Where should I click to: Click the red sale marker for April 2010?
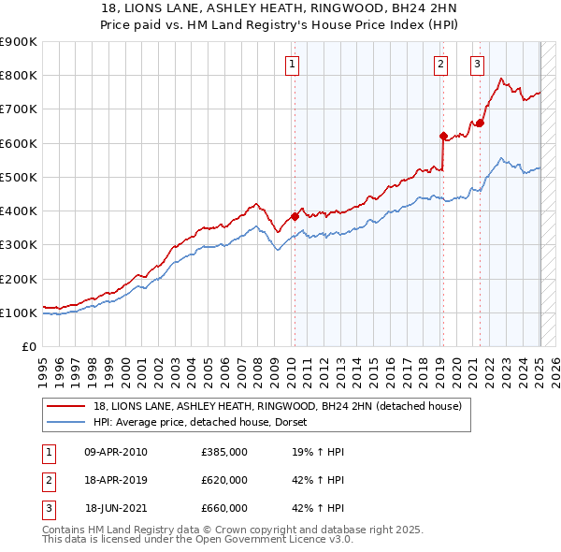pos(295,216)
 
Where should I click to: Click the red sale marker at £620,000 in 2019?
pos(443,136)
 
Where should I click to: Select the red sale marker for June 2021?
pos(480,123)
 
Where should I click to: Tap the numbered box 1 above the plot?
pos(293,65)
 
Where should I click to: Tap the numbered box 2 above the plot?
pos(440,65)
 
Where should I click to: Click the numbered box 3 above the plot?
pos(477,65)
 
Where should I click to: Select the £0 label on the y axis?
pos(28,347)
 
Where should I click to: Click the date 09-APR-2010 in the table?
pos(116,452)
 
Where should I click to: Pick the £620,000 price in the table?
pos(224,480)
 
